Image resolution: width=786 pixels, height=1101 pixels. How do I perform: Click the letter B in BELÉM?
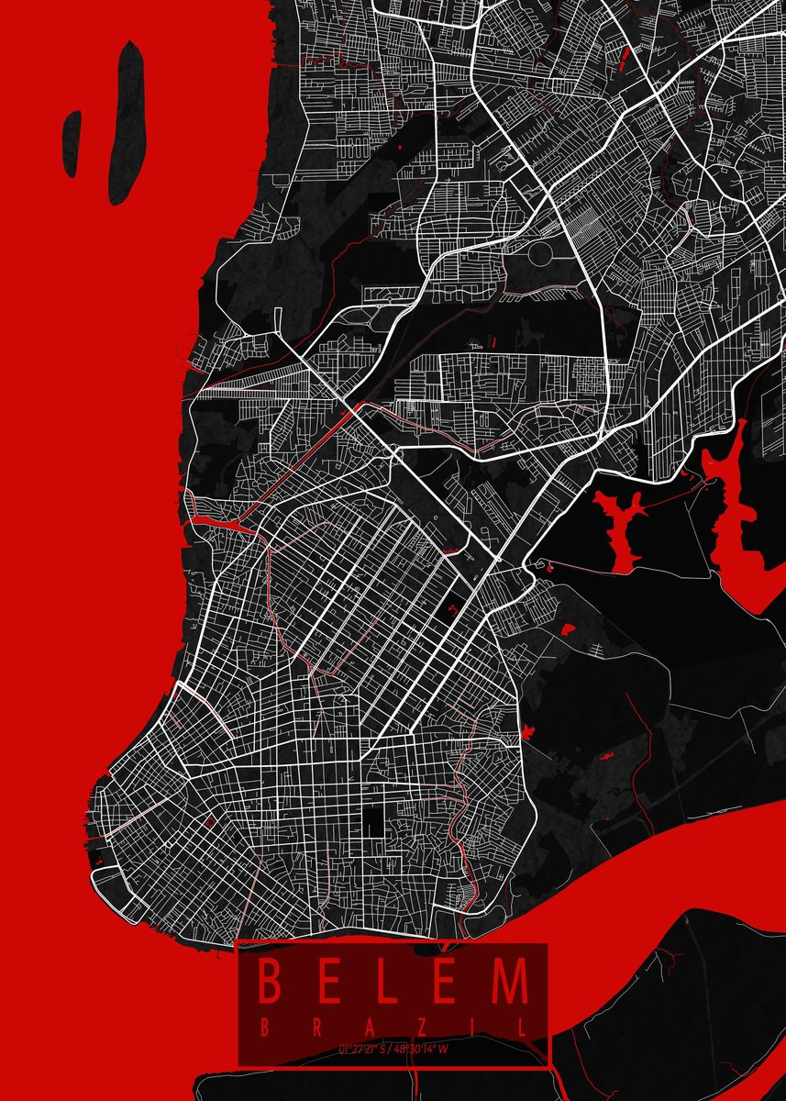(271, 981)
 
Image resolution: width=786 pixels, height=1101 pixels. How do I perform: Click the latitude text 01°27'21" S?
(365, 1048)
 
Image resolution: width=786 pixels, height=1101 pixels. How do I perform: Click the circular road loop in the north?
(540, 251)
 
